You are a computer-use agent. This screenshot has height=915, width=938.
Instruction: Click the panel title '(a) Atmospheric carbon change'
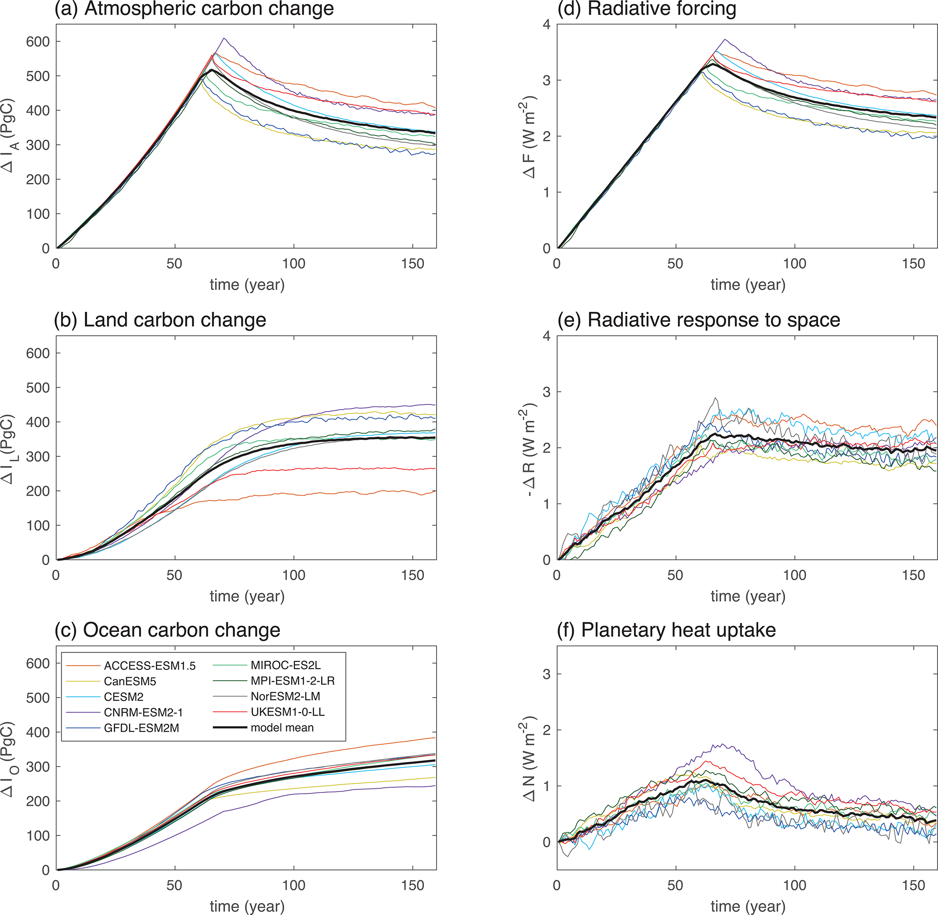pyautogui.click(x=194, y=9)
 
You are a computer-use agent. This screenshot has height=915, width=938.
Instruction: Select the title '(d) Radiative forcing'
pyautogui.click(x=646, y=9)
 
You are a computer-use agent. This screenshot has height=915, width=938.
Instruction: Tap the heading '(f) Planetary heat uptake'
pyautogui.click(x=666, y=630)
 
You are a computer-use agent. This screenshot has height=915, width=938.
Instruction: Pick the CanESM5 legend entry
pyautogui.click(x=130, y=681)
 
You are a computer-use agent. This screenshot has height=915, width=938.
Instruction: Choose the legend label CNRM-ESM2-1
pyautogui.click(x=143, y=712)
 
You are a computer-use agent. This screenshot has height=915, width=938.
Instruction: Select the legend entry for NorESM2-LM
pyautogui.click(x=285, y=696)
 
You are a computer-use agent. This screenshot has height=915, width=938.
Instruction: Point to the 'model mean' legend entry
pyautogui.click(x=282, y=728)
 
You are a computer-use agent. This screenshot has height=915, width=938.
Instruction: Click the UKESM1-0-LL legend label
pyautogui.click(x=287, y=712)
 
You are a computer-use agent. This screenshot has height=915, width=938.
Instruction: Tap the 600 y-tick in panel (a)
pyautogui.click(x=38, y=42)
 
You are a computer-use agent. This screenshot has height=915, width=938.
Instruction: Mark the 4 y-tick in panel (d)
pyautogui.click(x=546, y=25)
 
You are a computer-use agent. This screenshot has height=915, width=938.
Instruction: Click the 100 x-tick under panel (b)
pyautogui.click(x=293, y=575)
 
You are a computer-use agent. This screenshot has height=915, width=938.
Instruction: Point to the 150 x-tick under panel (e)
pyautogui.click(x=913, y=575)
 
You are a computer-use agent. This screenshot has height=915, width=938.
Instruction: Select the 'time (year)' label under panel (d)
pyautogui.click(x=748, y=285)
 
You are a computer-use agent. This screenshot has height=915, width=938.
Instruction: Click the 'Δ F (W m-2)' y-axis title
pyautogui.click(x=530, y=137)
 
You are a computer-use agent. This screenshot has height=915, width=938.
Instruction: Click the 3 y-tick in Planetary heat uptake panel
pyautogui.click(x=546, y=674)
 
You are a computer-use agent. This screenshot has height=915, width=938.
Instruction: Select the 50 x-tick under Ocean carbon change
pyautogui.click(x=174, y=885)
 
